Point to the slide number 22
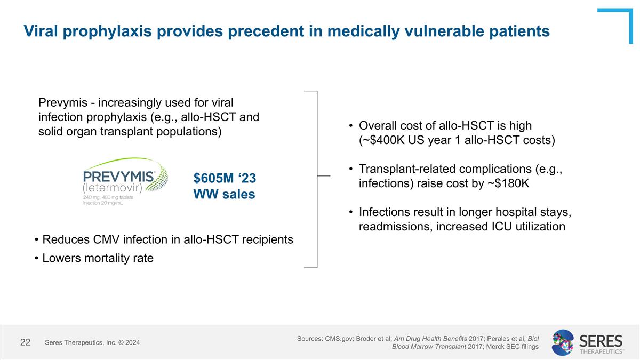coord(25,342)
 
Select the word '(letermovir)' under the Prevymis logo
coord(113,188)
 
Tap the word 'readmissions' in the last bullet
coord(395,227)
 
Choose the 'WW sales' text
coord(224,194)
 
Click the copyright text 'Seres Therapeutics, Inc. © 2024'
coord(92,342)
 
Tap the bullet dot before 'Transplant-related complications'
coord(350,169)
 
